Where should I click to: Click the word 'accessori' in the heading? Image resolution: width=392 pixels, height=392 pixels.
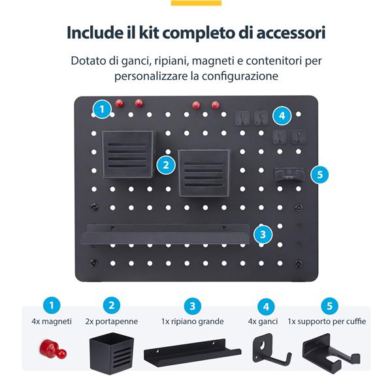click(x=291, y=33)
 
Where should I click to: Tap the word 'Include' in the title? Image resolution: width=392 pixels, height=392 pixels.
click(x=94, y=32)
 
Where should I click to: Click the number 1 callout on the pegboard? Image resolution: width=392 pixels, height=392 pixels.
click(x=102, y=109)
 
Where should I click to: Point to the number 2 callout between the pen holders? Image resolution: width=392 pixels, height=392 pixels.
click(x=166, y=165)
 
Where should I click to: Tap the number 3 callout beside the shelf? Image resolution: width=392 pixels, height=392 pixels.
click(x=263, y=235)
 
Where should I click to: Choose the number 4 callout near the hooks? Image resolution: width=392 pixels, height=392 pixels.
click(x=282, y=116)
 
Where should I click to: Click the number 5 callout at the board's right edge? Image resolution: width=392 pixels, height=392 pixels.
click(x=319, y=174)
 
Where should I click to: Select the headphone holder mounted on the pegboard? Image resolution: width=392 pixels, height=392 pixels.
click(x=289, y=174)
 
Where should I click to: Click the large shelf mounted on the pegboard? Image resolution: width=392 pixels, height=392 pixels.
click(x=166, y=235)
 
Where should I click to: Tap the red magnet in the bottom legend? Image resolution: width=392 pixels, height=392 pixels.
click(x=53, y=349)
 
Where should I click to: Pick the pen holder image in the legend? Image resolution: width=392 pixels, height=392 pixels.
click(x=112, y=353)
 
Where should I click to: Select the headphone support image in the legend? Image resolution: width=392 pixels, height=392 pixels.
click(x=331, y=353)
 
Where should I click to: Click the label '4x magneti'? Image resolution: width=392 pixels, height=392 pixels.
click(x=52, y=321)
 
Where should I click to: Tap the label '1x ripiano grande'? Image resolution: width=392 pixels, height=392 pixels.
click(x=193, y=321)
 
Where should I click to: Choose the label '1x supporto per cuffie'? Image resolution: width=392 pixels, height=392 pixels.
click(x=327, y=321)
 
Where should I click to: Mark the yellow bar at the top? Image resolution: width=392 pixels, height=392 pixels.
click(x=196, y=3)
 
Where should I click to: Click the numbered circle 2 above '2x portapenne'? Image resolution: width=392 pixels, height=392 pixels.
click(x=112, y=305)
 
